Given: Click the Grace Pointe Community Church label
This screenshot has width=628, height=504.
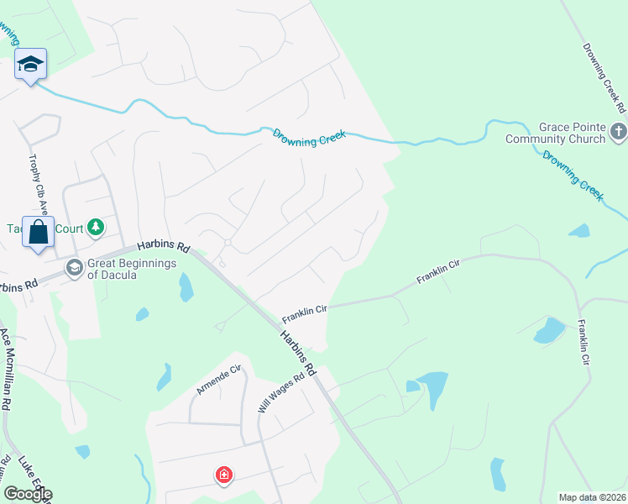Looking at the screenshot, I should click(555, 133).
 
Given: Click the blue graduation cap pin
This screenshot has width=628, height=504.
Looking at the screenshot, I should click(31, 65).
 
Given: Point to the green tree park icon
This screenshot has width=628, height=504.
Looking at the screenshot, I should click(97, 228).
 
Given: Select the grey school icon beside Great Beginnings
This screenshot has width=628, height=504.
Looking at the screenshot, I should click(74, 267).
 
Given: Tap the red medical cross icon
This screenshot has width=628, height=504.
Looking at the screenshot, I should click(223, 475).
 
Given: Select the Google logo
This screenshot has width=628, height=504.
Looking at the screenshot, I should click(28, 494).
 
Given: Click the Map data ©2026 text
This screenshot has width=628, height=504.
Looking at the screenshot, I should click(592, 497).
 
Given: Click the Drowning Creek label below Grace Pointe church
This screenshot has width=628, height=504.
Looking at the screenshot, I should click(573, 174).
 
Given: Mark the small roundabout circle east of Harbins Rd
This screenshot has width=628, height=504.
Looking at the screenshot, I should click(227, 243).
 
